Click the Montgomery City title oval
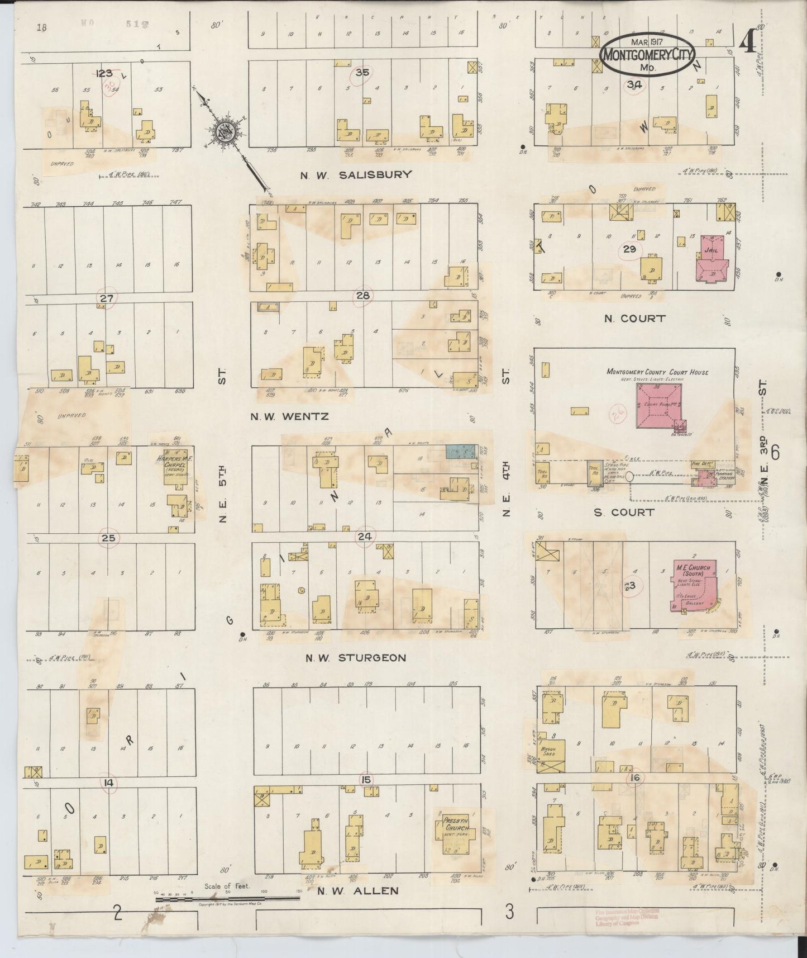click(647, 56)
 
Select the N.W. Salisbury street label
click(355, 174)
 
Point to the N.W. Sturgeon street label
click(355, 658)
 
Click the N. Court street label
click(635, 319)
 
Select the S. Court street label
click(624, 511)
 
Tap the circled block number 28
click(362, 295)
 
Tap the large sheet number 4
click(746, 41)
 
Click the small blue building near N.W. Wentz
click(460, 451)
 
